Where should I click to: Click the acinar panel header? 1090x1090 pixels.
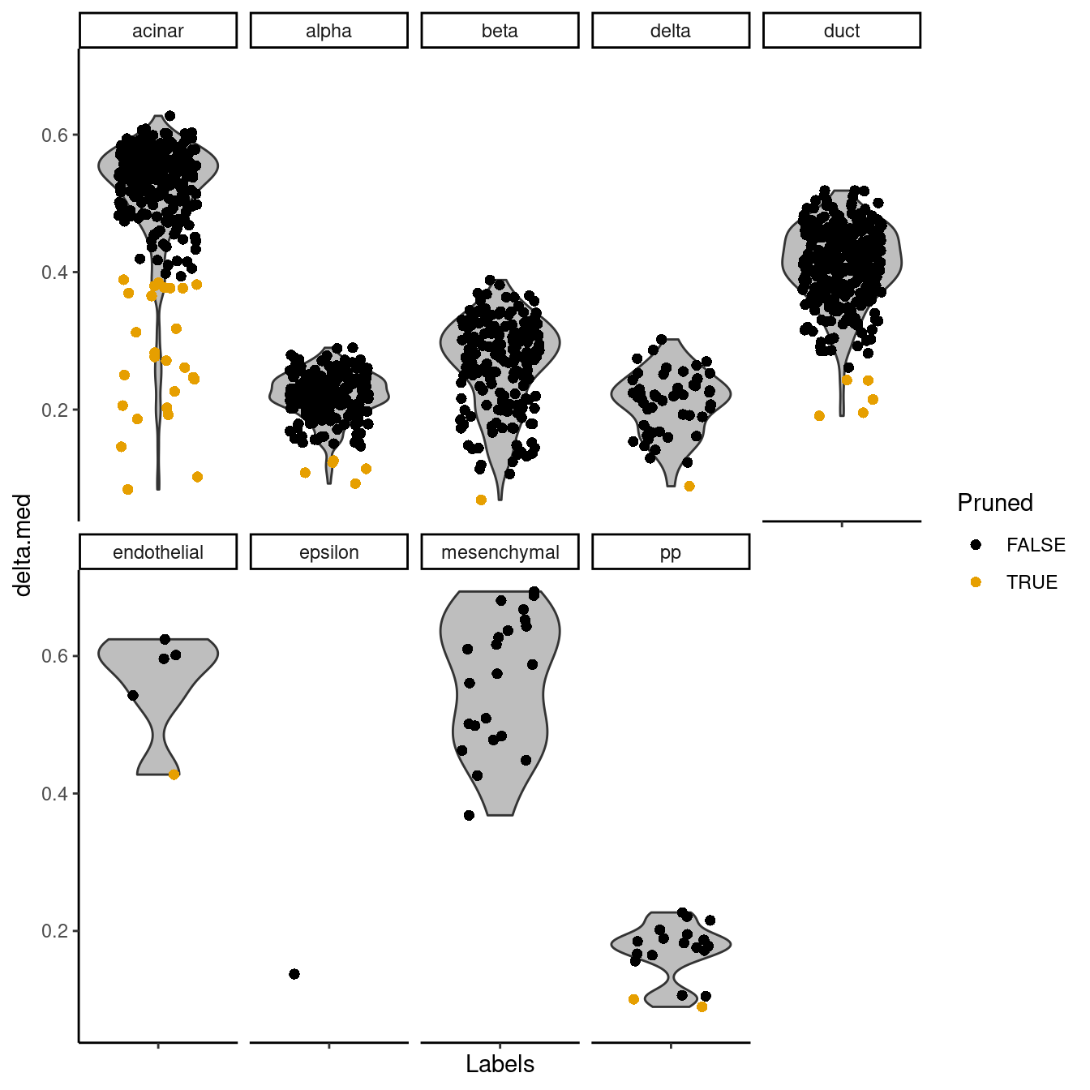point(158,31)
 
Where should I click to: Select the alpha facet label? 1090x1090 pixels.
point(328,31)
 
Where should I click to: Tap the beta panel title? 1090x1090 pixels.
point(500,31)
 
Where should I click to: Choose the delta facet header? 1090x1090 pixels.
point(671,31)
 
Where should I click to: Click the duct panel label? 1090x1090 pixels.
point(842,31)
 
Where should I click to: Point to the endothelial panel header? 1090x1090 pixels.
point(158,552)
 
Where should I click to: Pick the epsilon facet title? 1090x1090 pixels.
point(328,552)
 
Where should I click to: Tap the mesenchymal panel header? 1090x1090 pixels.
point(500,552)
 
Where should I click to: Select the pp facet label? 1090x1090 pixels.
point(671,552)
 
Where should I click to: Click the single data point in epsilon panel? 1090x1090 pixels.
point(294,974)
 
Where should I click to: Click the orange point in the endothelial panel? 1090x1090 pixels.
point(174,775)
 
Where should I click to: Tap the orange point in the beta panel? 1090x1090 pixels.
point(481,500)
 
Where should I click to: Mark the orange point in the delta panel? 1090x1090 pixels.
point(689,487)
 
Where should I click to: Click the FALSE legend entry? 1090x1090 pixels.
point(1020,545)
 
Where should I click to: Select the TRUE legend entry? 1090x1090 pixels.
point(1017,582)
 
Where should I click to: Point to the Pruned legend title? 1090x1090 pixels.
point(995,503)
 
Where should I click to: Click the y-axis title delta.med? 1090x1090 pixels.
point(23,545)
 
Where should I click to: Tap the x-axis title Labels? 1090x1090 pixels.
point(500,1064)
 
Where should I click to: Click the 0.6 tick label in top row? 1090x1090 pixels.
point(54,135)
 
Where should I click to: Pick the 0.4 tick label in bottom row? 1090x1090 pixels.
point(54,793)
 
